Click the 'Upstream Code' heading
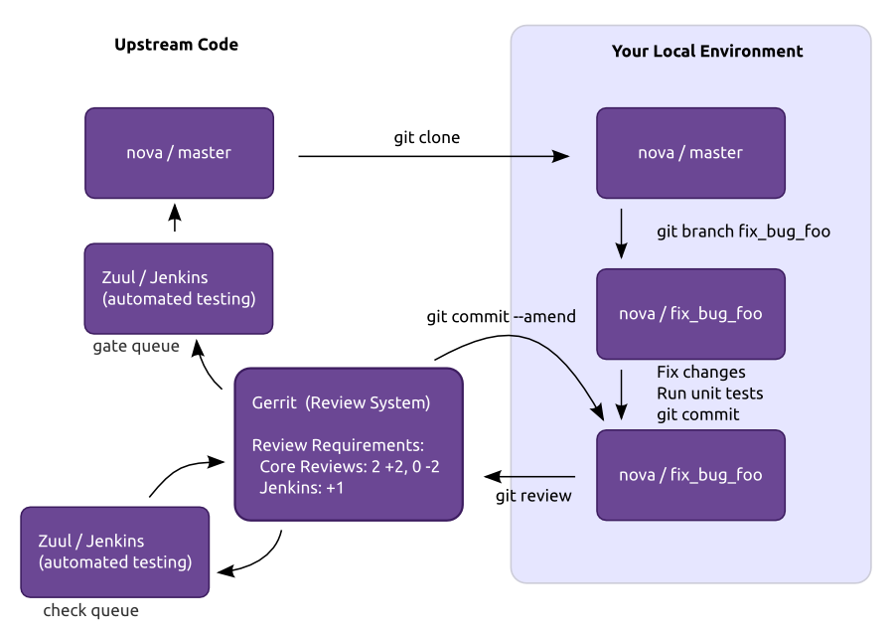[x=176, y=45]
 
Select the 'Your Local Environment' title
[x=706, y=51]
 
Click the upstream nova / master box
[x=179, y=153]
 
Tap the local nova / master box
[x=690, y=153]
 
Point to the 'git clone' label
[x=426, y=137]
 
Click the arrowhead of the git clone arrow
[x=560, y=156]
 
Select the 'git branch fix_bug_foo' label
[x=743, y=232]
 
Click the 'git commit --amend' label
[x=502, y=317]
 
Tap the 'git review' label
[x=533, y=495]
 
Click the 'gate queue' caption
[x=136, y=347]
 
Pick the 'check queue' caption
[x=90, y=610]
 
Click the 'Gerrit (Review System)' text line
[x=341, y=402]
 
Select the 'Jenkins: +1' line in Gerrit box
[x=301, y=488]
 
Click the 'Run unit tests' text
[x=709, y=393]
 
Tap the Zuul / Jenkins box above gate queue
[x=179, y=288]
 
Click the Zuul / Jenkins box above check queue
[x=114, y=552]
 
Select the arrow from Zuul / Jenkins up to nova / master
[x=175, y=219]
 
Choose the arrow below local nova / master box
[x=622, y=234]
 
